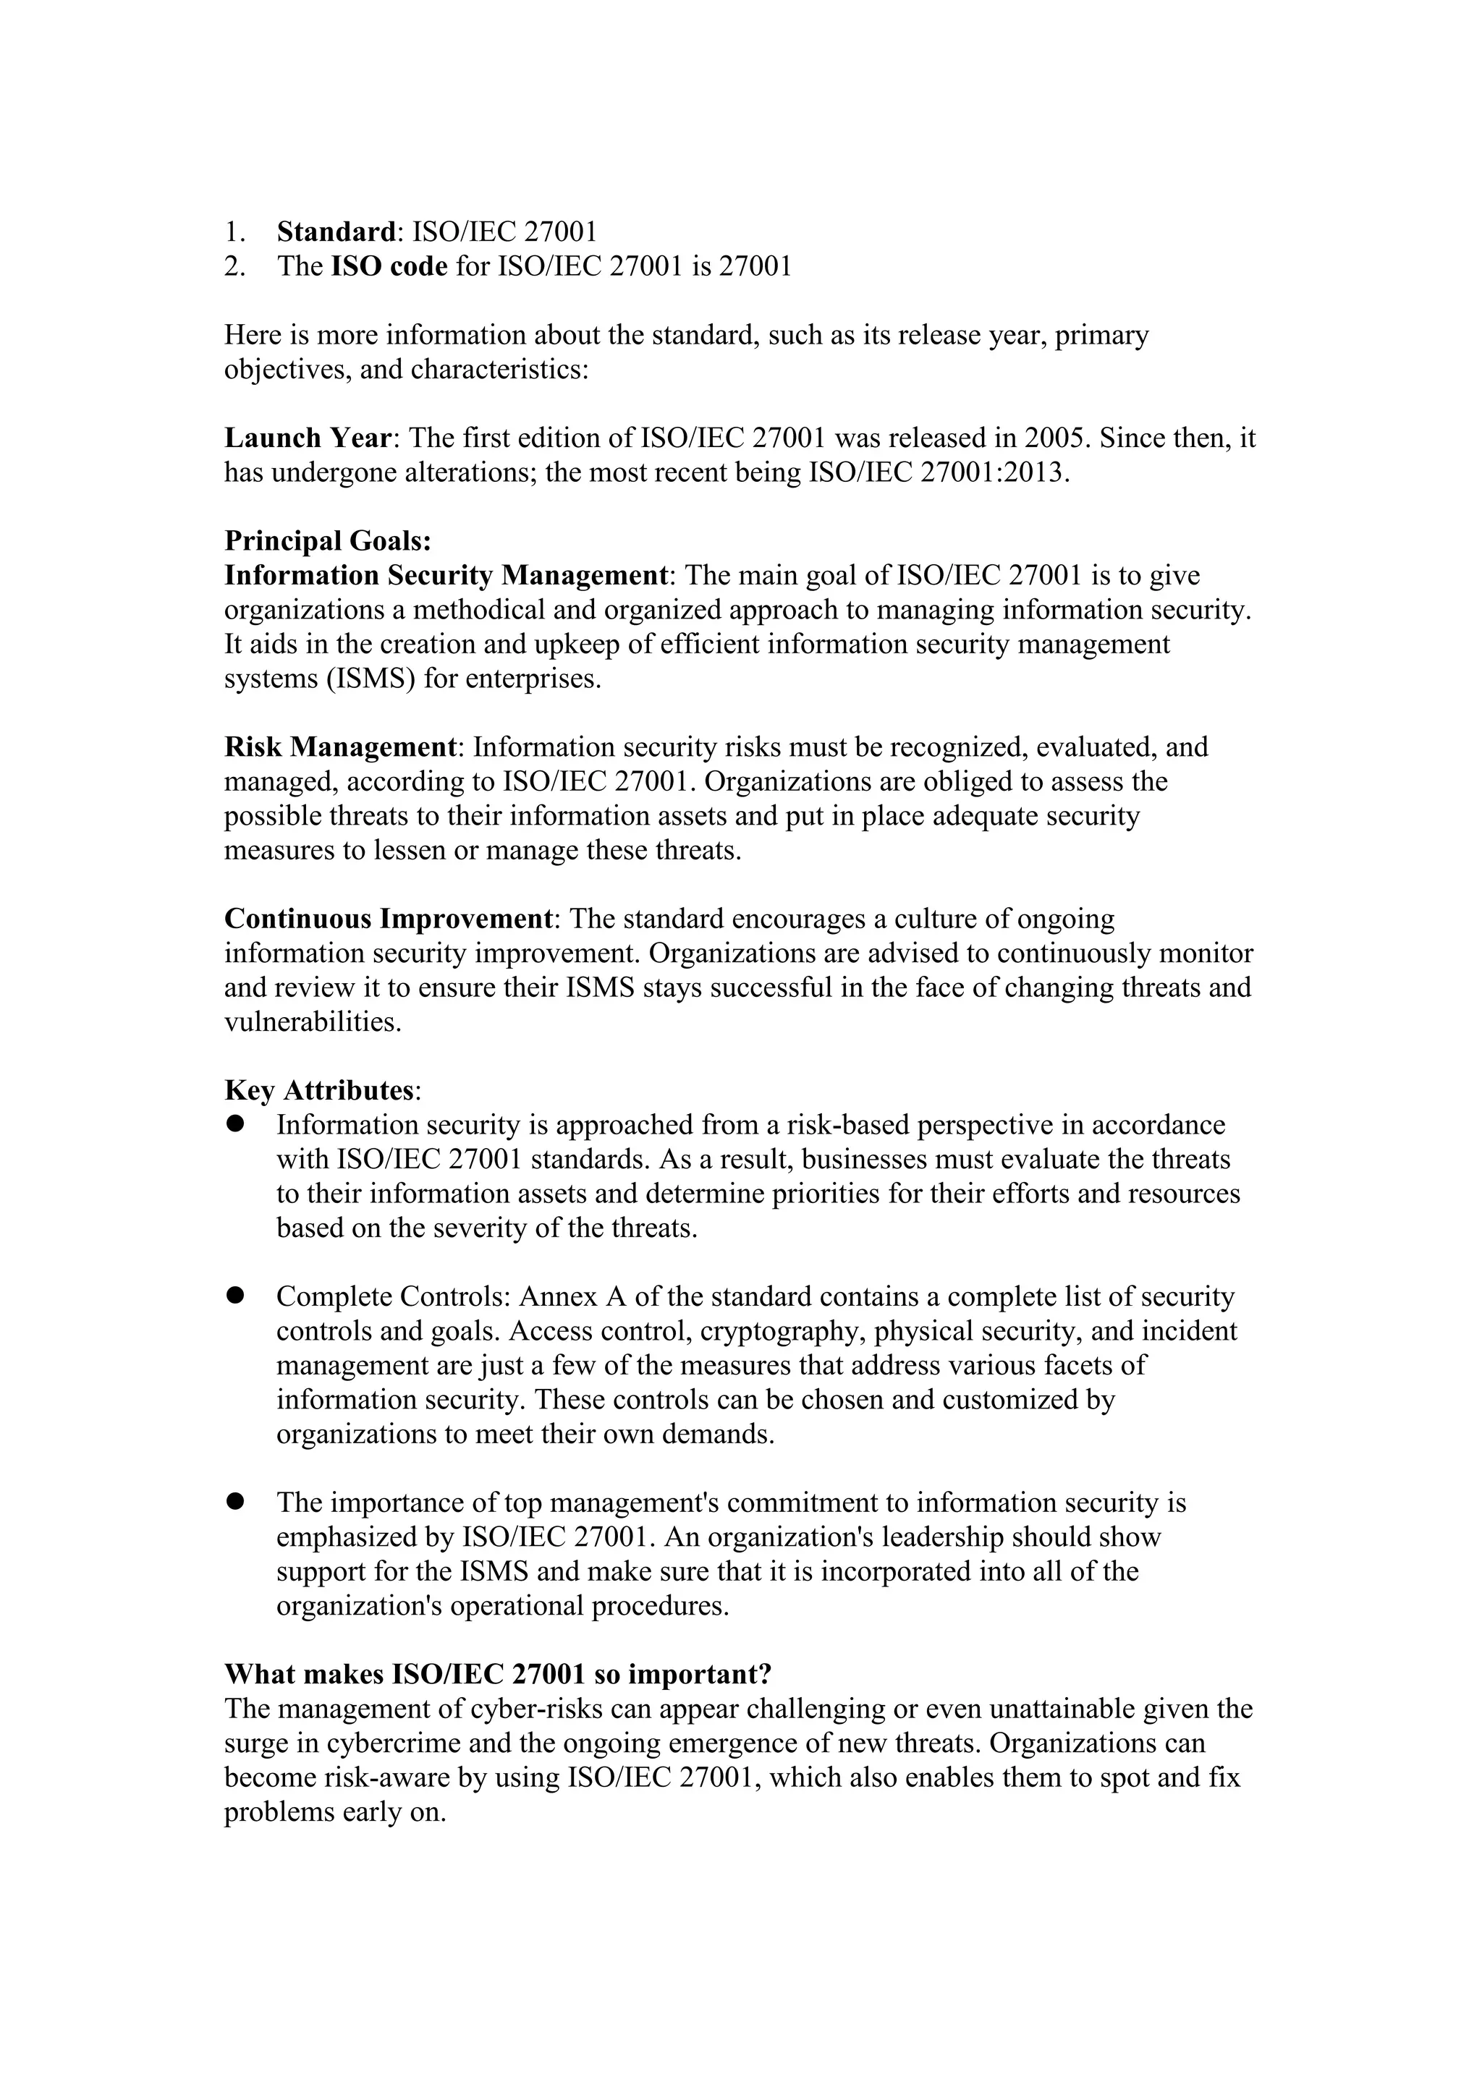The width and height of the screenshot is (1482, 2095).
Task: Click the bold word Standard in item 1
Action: point(336,231)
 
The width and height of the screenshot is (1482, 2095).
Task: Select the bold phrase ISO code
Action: point(389,265)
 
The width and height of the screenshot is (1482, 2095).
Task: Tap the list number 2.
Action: point(234,265)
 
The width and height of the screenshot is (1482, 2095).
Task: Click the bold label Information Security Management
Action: point(447,576)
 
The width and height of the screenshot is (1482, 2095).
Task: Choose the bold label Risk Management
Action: point(340,747)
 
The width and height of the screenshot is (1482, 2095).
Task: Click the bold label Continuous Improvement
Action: point(389,918)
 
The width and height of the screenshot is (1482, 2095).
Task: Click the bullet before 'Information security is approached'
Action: point(237,1124)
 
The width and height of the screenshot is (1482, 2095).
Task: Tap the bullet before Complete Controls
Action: point(237,1296)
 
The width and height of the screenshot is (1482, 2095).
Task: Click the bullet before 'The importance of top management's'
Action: point(237,1501)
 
